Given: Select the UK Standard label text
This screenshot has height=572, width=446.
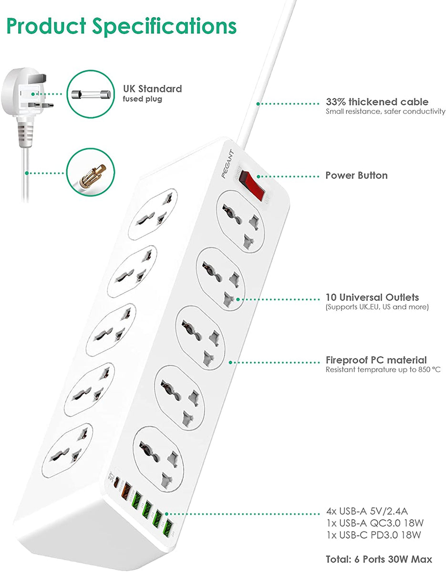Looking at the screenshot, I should (x=152, y=89).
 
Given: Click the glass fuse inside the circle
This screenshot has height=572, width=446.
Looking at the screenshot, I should (x=91, y=94).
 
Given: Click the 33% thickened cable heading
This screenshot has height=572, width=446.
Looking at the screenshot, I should (x=377, y=102).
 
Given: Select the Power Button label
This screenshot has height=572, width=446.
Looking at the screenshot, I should (x=356, y=175).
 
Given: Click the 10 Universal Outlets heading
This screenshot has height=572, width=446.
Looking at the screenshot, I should (x=372, y=297).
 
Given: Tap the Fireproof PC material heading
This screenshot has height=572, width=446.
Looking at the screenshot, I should (x=376, y=360).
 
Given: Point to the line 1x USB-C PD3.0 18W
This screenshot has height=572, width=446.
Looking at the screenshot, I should (x=373, y=535).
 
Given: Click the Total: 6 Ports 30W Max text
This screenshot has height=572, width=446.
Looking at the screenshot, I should (x=379, y=559).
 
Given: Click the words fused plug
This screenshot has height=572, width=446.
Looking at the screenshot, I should (x=143, y=99).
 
